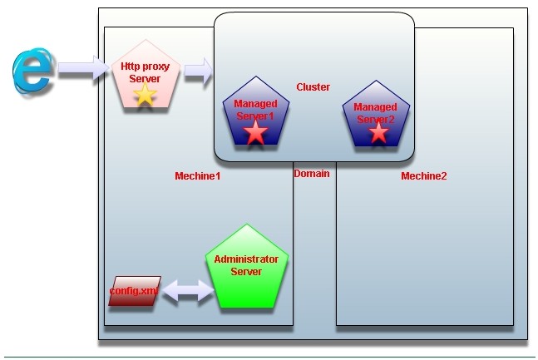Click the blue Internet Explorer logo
(x=32, y=70)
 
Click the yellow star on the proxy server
(x=145, y=95)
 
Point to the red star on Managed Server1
(x=256, y=133)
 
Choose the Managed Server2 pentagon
(x=375, y=115)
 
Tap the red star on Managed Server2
(x=378, y=131)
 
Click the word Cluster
(x=313, y=86)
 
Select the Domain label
(x=312, y=174)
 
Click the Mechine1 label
(x=197, y=176)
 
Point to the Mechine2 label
(x=424, y=176)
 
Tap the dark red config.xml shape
(x=133, y=290)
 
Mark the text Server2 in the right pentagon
(x=375, y=119)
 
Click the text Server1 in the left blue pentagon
(x=255, y=115)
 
